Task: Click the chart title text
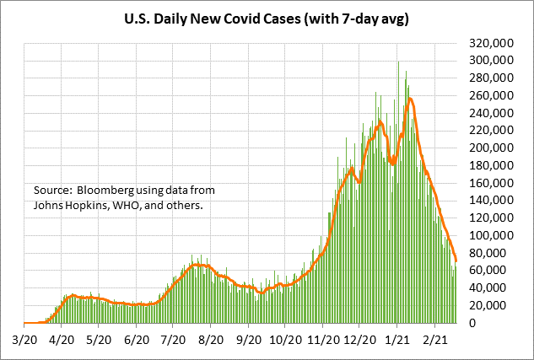pos(267,17)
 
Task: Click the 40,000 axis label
pos(493,288)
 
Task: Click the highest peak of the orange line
pos(410,99)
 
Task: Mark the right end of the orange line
pos(456,260)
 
